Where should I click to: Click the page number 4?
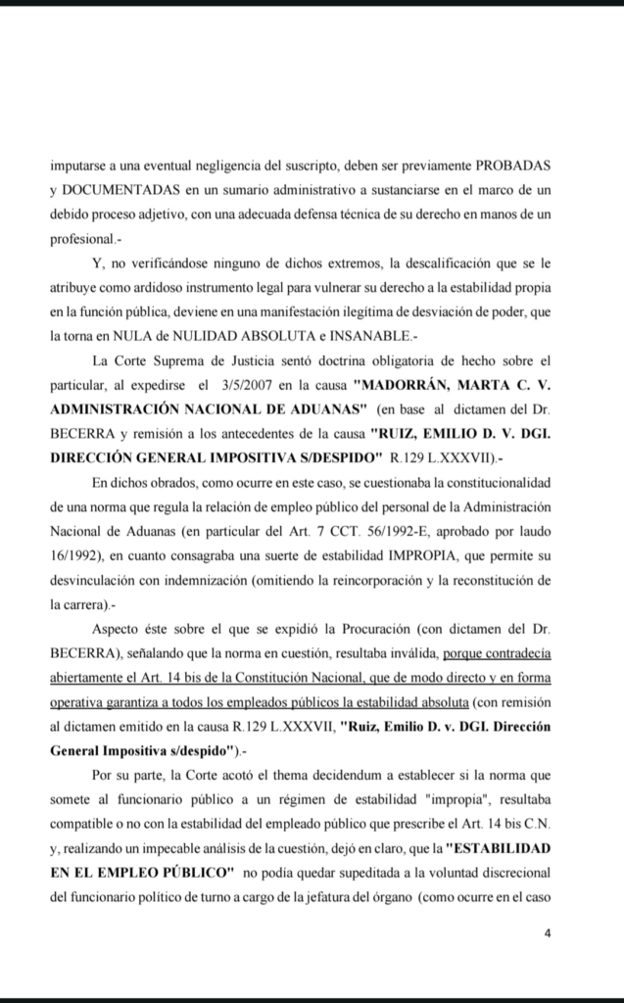tap(548, 933)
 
